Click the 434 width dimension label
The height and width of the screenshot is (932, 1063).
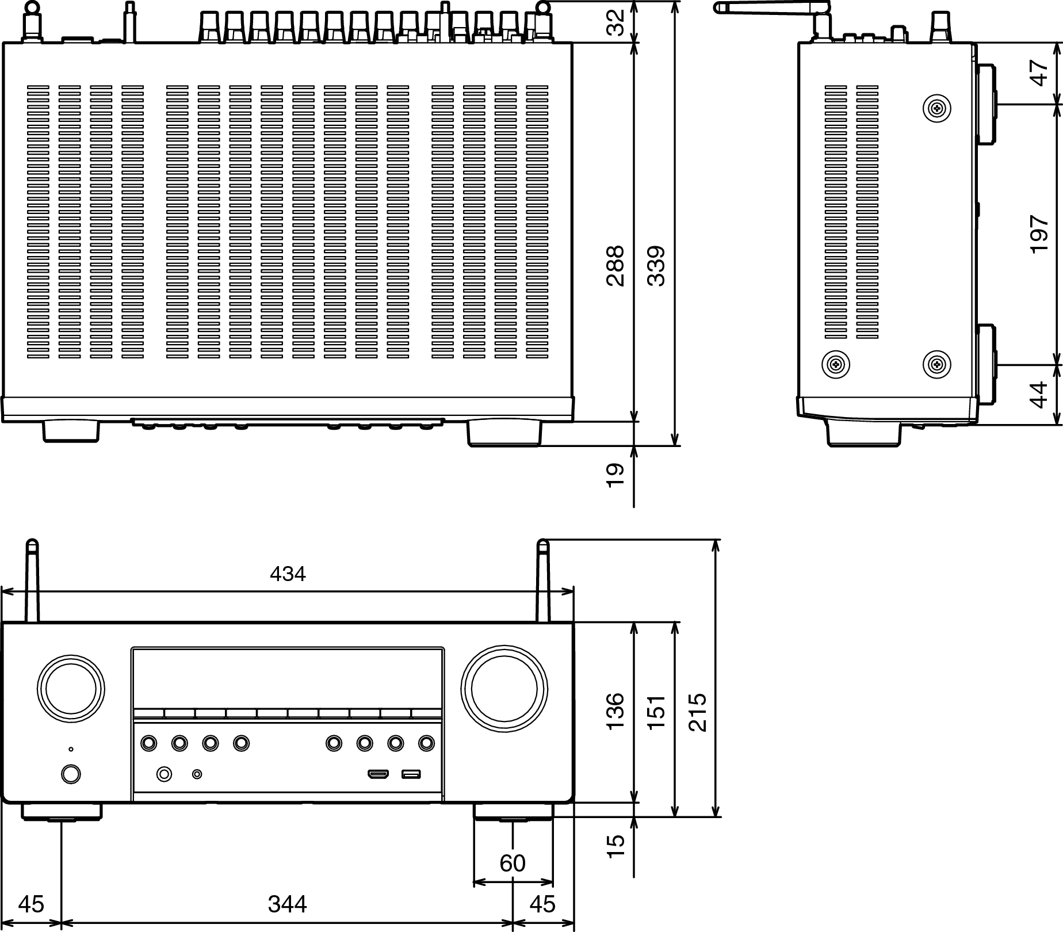tap(288, 574)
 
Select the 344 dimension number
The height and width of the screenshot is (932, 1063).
tap(287, 904)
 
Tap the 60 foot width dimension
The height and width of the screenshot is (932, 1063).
tap(513, 863)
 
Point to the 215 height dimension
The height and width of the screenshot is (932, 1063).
tap(698, 712)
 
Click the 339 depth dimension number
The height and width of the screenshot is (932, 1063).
tap(656, 266)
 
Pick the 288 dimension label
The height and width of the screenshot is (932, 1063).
tap(615, 266)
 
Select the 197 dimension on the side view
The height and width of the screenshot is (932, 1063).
tap(1039, 234)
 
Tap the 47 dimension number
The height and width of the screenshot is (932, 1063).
tap(1039, 74)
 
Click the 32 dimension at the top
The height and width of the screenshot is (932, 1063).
tap(616, 23)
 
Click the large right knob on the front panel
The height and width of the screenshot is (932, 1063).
tap(504, 689)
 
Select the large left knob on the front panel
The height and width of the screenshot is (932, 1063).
tap(71, 689)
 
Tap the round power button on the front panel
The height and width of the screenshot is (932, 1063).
tap(70, 774)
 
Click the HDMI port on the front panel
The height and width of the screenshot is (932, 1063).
tap(378, 774)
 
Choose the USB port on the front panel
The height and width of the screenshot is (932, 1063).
tap(411, 774)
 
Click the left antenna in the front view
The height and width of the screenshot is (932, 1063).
tap(33, 581)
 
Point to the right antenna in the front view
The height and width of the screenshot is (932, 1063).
tap(543, 581)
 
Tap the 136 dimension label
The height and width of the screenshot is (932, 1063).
tap(615, 712)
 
